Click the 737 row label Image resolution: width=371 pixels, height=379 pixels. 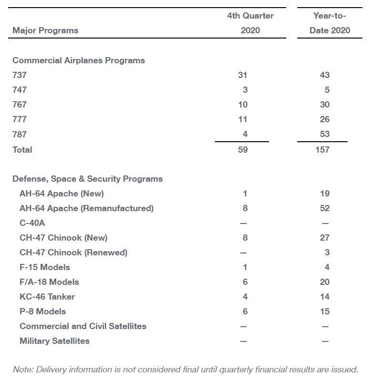click(20, 75)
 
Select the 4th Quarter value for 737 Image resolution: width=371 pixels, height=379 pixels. click(242, 75)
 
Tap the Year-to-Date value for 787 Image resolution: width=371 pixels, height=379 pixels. click(324, 134)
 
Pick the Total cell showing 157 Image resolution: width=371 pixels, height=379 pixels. click(322, 150)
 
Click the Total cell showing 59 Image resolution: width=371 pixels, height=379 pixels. click(243, 150)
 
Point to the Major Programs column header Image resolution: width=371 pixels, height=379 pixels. click(45, 30)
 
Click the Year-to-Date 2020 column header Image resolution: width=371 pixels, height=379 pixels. click(330, 23)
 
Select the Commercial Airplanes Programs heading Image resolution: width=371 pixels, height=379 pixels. click(79, 60)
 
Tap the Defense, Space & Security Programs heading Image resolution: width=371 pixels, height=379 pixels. click(88, 179)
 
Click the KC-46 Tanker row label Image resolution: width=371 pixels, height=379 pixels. click(47, 297)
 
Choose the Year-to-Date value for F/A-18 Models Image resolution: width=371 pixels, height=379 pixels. click(324, 282)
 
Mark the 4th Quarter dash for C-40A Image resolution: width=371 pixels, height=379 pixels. click(243, 224)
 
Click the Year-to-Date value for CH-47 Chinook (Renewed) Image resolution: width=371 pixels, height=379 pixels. click(327, 253)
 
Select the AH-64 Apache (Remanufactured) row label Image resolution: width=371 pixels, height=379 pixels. click(86, 208)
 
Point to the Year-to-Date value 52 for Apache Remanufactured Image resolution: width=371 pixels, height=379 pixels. click(324, 208)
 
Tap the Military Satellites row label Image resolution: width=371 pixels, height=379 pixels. click(54, 341)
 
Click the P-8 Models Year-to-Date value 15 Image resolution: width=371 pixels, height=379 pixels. click(325, 311)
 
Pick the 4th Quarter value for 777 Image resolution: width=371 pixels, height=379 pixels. click(242, 119)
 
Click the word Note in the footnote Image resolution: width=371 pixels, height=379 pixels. click(23, 369)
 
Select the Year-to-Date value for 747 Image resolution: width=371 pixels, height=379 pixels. click(327, 90)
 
